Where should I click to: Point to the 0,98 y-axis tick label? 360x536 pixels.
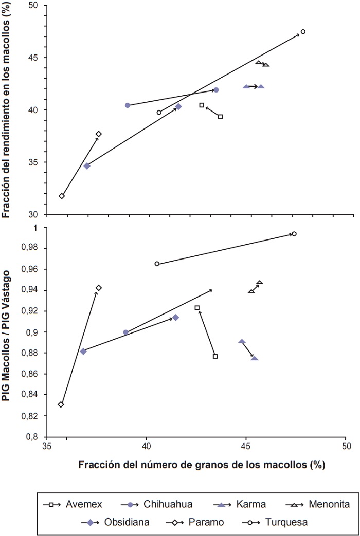(33, 248)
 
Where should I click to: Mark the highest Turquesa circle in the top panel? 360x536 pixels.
(303, 31)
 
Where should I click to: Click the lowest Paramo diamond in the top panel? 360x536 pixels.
(62, 196)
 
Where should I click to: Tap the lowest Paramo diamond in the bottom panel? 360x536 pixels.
(61, 404)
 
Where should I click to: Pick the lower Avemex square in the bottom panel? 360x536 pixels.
(215, 356)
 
